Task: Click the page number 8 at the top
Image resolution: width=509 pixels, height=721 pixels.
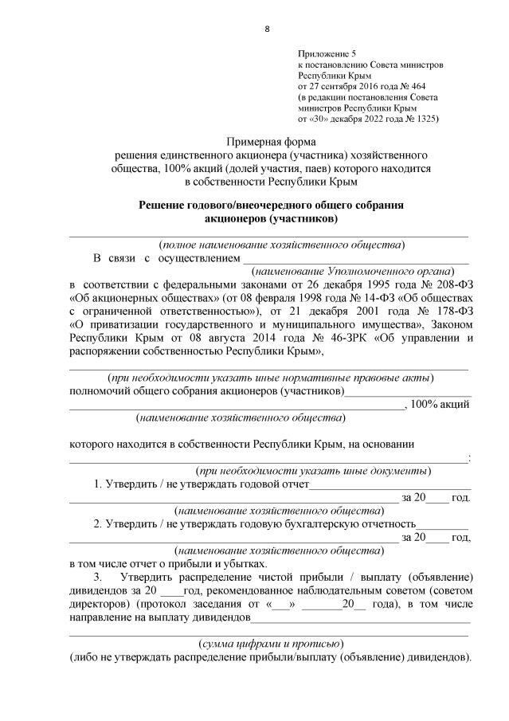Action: tap(267, 29)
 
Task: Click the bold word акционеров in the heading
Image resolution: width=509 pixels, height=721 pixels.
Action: tap(237, 217)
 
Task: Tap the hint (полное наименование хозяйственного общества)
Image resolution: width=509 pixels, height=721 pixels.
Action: tap(281, 245)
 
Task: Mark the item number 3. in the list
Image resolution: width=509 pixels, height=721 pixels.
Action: tap(98, 576)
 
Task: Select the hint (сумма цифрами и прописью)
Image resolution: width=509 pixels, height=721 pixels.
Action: tap(270, 643)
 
